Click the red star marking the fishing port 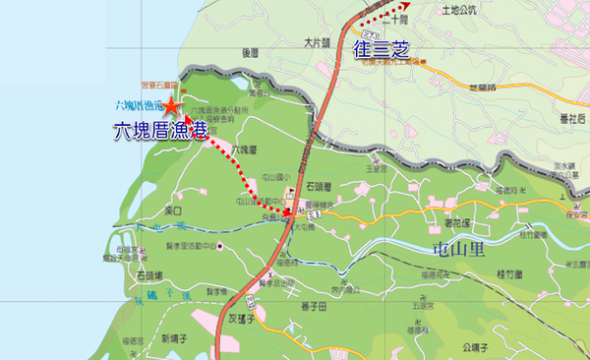pyautogui.click(x=171, y=105)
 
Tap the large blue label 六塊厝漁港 pyautogui.click(x=155, y=128)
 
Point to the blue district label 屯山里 pyautogui.click(x=457, y=250)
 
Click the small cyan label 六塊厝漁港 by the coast pyautogui.click(x=137, y=104)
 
